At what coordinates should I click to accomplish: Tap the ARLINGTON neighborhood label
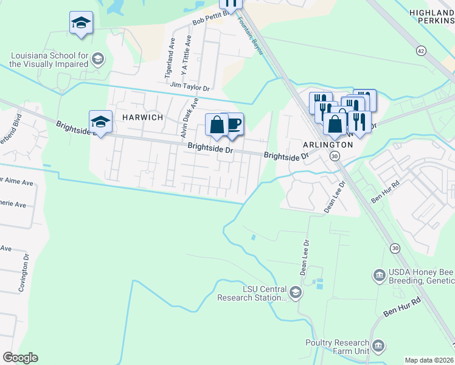(328, 145)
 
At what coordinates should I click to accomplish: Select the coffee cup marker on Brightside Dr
(233, 125)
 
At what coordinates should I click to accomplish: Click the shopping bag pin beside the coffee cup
(217, 125)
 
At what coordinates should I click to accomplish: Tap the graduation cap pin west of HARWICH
(100, 120)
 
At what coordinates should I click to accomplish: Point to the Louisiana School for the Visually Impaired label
(49, 60)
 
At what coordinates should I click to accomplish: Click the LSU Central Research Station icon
(295, 293)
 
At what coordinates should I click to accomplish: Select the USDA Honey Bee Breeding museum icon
(379, 276)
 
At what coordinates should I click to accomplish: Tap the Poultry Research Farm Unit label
(337, 347)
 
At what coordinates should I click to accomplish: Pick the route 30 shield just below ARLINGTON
(335, 156)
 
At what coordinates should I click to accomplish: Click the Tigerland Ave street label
(170, 60)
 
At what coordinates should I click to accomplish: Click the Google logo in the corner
(20, 358)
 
